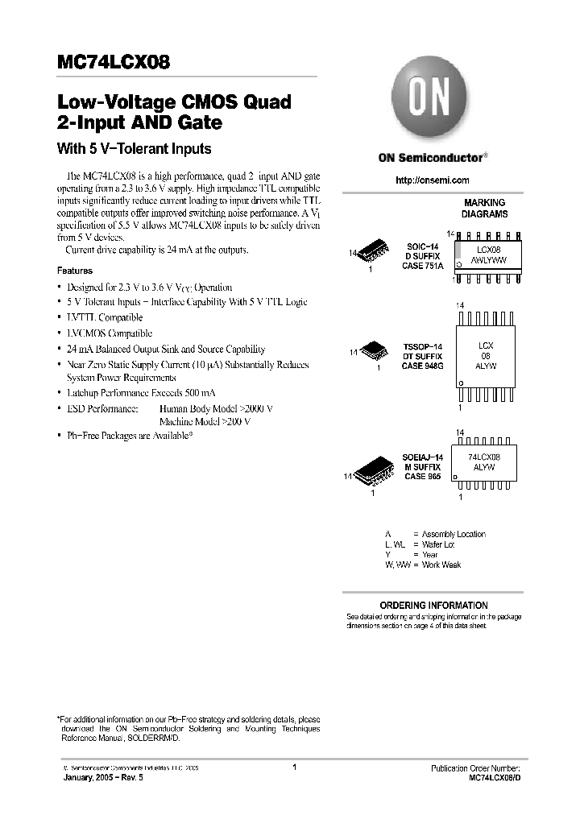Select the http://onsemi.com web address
[433, 180]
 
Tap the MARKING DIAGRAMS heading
[484, 209]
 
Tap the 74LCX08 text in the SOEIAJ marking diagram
[484, 457]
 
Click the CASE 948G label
[423, 366]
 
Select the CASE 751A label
[423, 266]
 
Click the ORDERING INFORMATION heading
[433, 605]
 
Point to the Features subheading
[75, 271]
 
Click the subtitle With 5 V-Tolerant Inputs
[134, 148]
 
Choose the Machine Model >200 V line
[205, 421]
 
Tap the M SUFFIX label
[422, 466]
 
